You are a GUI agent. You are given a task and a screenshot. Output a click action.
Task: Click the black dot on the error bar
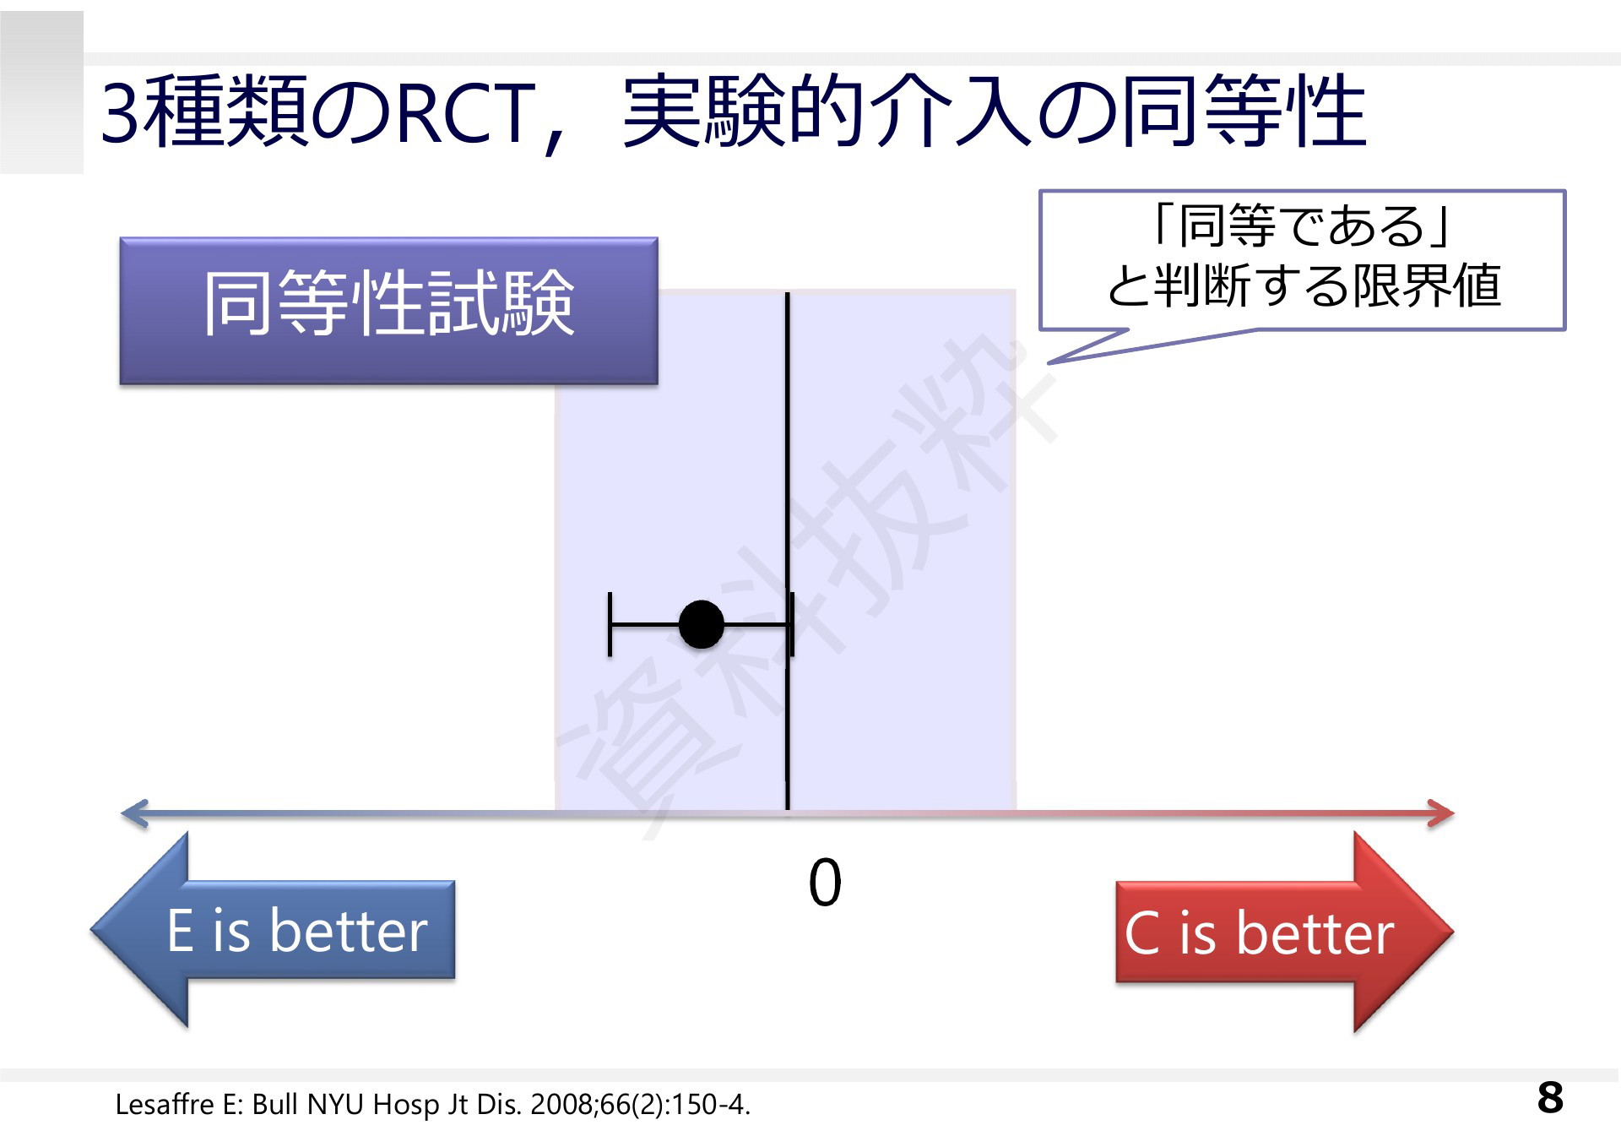point(701,625)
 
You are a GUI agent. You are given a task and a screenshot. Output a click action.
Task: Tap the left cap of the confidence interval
point(610,625)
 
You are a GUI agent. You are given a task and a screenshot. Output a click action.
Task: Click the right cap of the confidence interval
point(791,625)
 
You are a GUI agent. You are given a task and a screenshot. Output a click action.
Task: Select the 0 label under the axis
point(825,883)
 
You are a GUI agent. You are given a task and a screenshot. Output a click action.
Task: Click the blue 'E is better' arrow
point(273,930)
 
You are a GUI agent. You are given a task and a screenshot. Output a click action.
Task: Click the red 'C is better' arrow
point(1284,932)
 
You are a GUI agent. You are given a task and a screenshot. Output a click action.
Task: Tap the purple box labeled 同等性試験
point(388,311)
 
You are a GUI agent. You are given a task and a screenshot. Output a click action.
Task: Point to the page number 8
point(1550,1097)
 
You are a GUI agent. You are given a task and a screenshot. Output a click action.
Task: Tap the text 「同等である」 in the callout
point(1301,226)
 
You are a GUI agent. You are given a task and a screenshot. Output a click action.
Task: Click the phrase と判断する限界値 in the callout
point(1304,285)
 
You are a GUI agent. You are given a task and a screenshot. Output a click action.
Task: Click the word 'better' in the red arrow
point(1315,933)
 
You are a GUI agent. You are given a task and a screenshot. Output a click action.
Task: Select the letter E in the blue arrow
point(181,931)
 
